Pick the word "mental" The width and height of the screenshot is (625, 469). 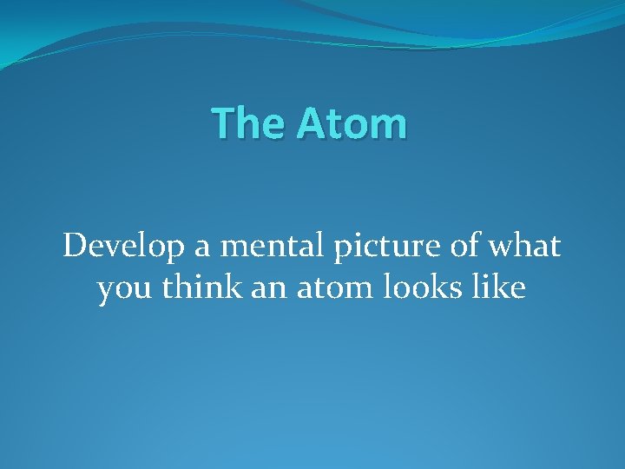259,248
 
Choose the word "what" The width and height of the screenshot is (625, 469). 524,248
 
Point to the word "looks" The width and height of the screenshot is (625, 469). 426,287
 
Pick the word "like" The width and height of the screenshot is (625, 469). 499,287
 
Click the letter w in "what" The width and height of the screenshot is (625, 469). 500,250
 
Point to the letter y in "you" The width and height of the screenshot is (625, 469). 107,292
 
